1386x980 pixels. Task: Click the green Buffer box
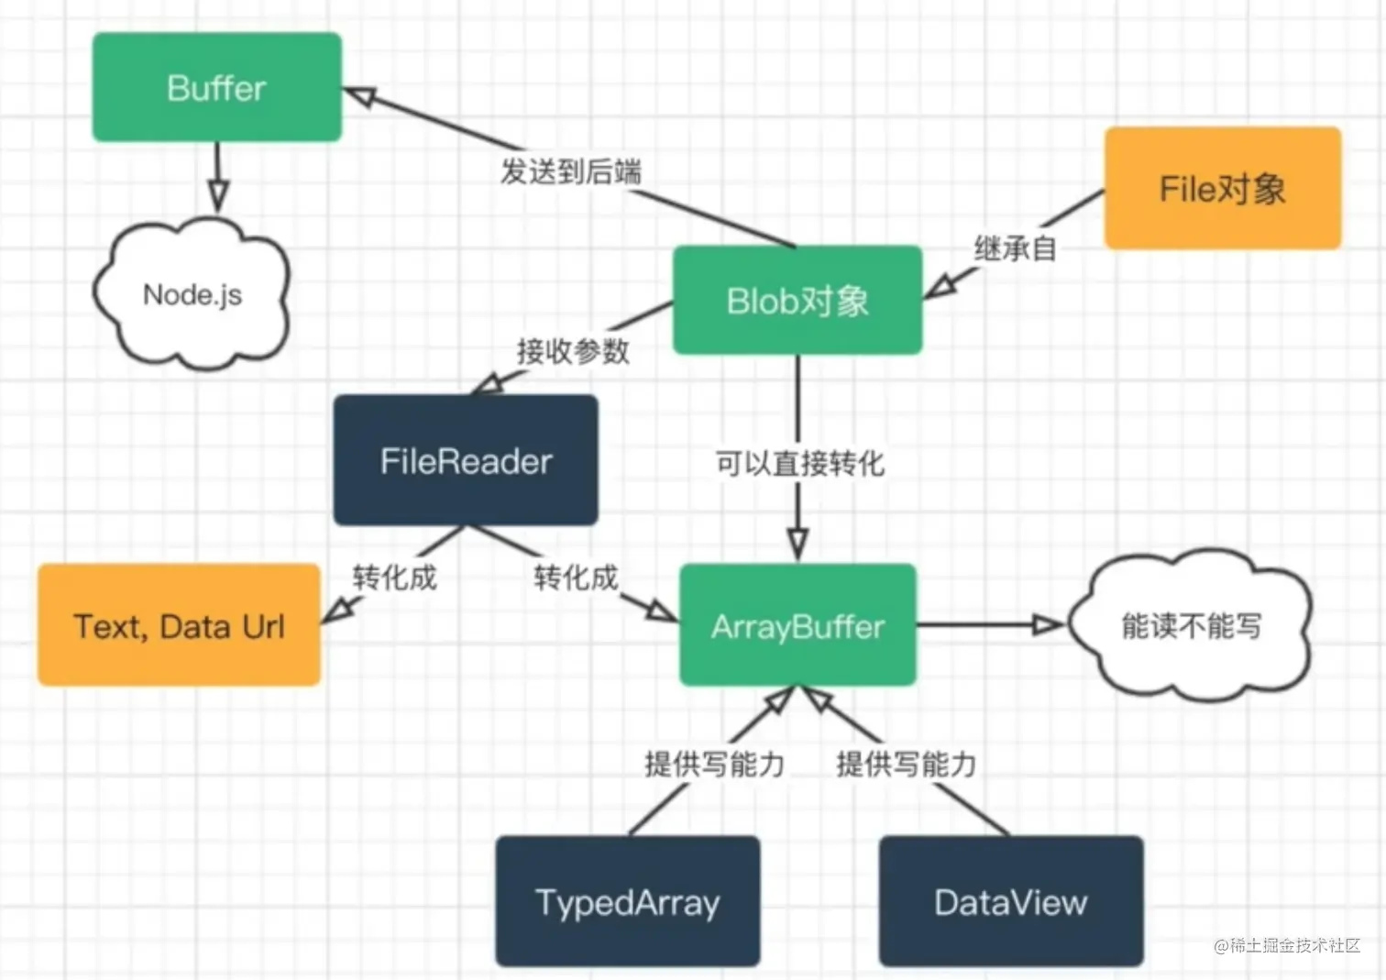[217, 87]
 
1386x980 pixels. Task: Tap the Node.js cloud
[192, 294]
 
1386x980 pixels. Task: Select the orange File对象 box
[1223, 188]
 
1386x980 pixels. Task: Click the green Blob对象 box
[797, 300]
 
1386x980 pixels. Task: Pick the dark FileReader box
[466, 460]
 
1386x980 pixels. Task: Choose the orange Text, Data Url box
[179, 625]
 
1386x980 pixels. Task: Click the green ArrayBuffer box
[797, 625]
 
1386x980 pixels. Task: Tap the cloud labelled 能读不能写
[1191, 625]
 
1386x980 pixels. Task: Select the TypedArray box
[627, 901]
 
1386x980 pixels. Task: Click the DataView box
[1011, 901]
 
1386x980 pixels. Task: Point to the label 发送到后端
[570, 171]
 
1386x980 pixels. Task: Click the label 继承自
[1015, 248]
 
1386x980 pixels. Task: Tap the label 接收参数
[573, 351]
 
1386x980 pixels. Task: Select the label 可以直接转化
[800, 463]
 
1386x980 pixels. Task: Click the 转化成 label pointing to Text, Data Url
[395, 578]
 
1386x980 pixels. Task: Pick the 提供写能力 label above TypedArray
[715, 764]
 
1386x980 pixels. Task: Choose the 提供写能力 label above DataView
[907, 764]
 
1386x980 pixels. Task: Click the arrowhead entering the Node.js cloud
[217, 195]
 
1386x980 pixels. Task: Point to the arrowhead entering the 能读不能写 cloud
[1048, 625]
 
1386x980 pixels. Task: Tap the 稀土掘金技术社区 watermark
[1287, 945]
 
